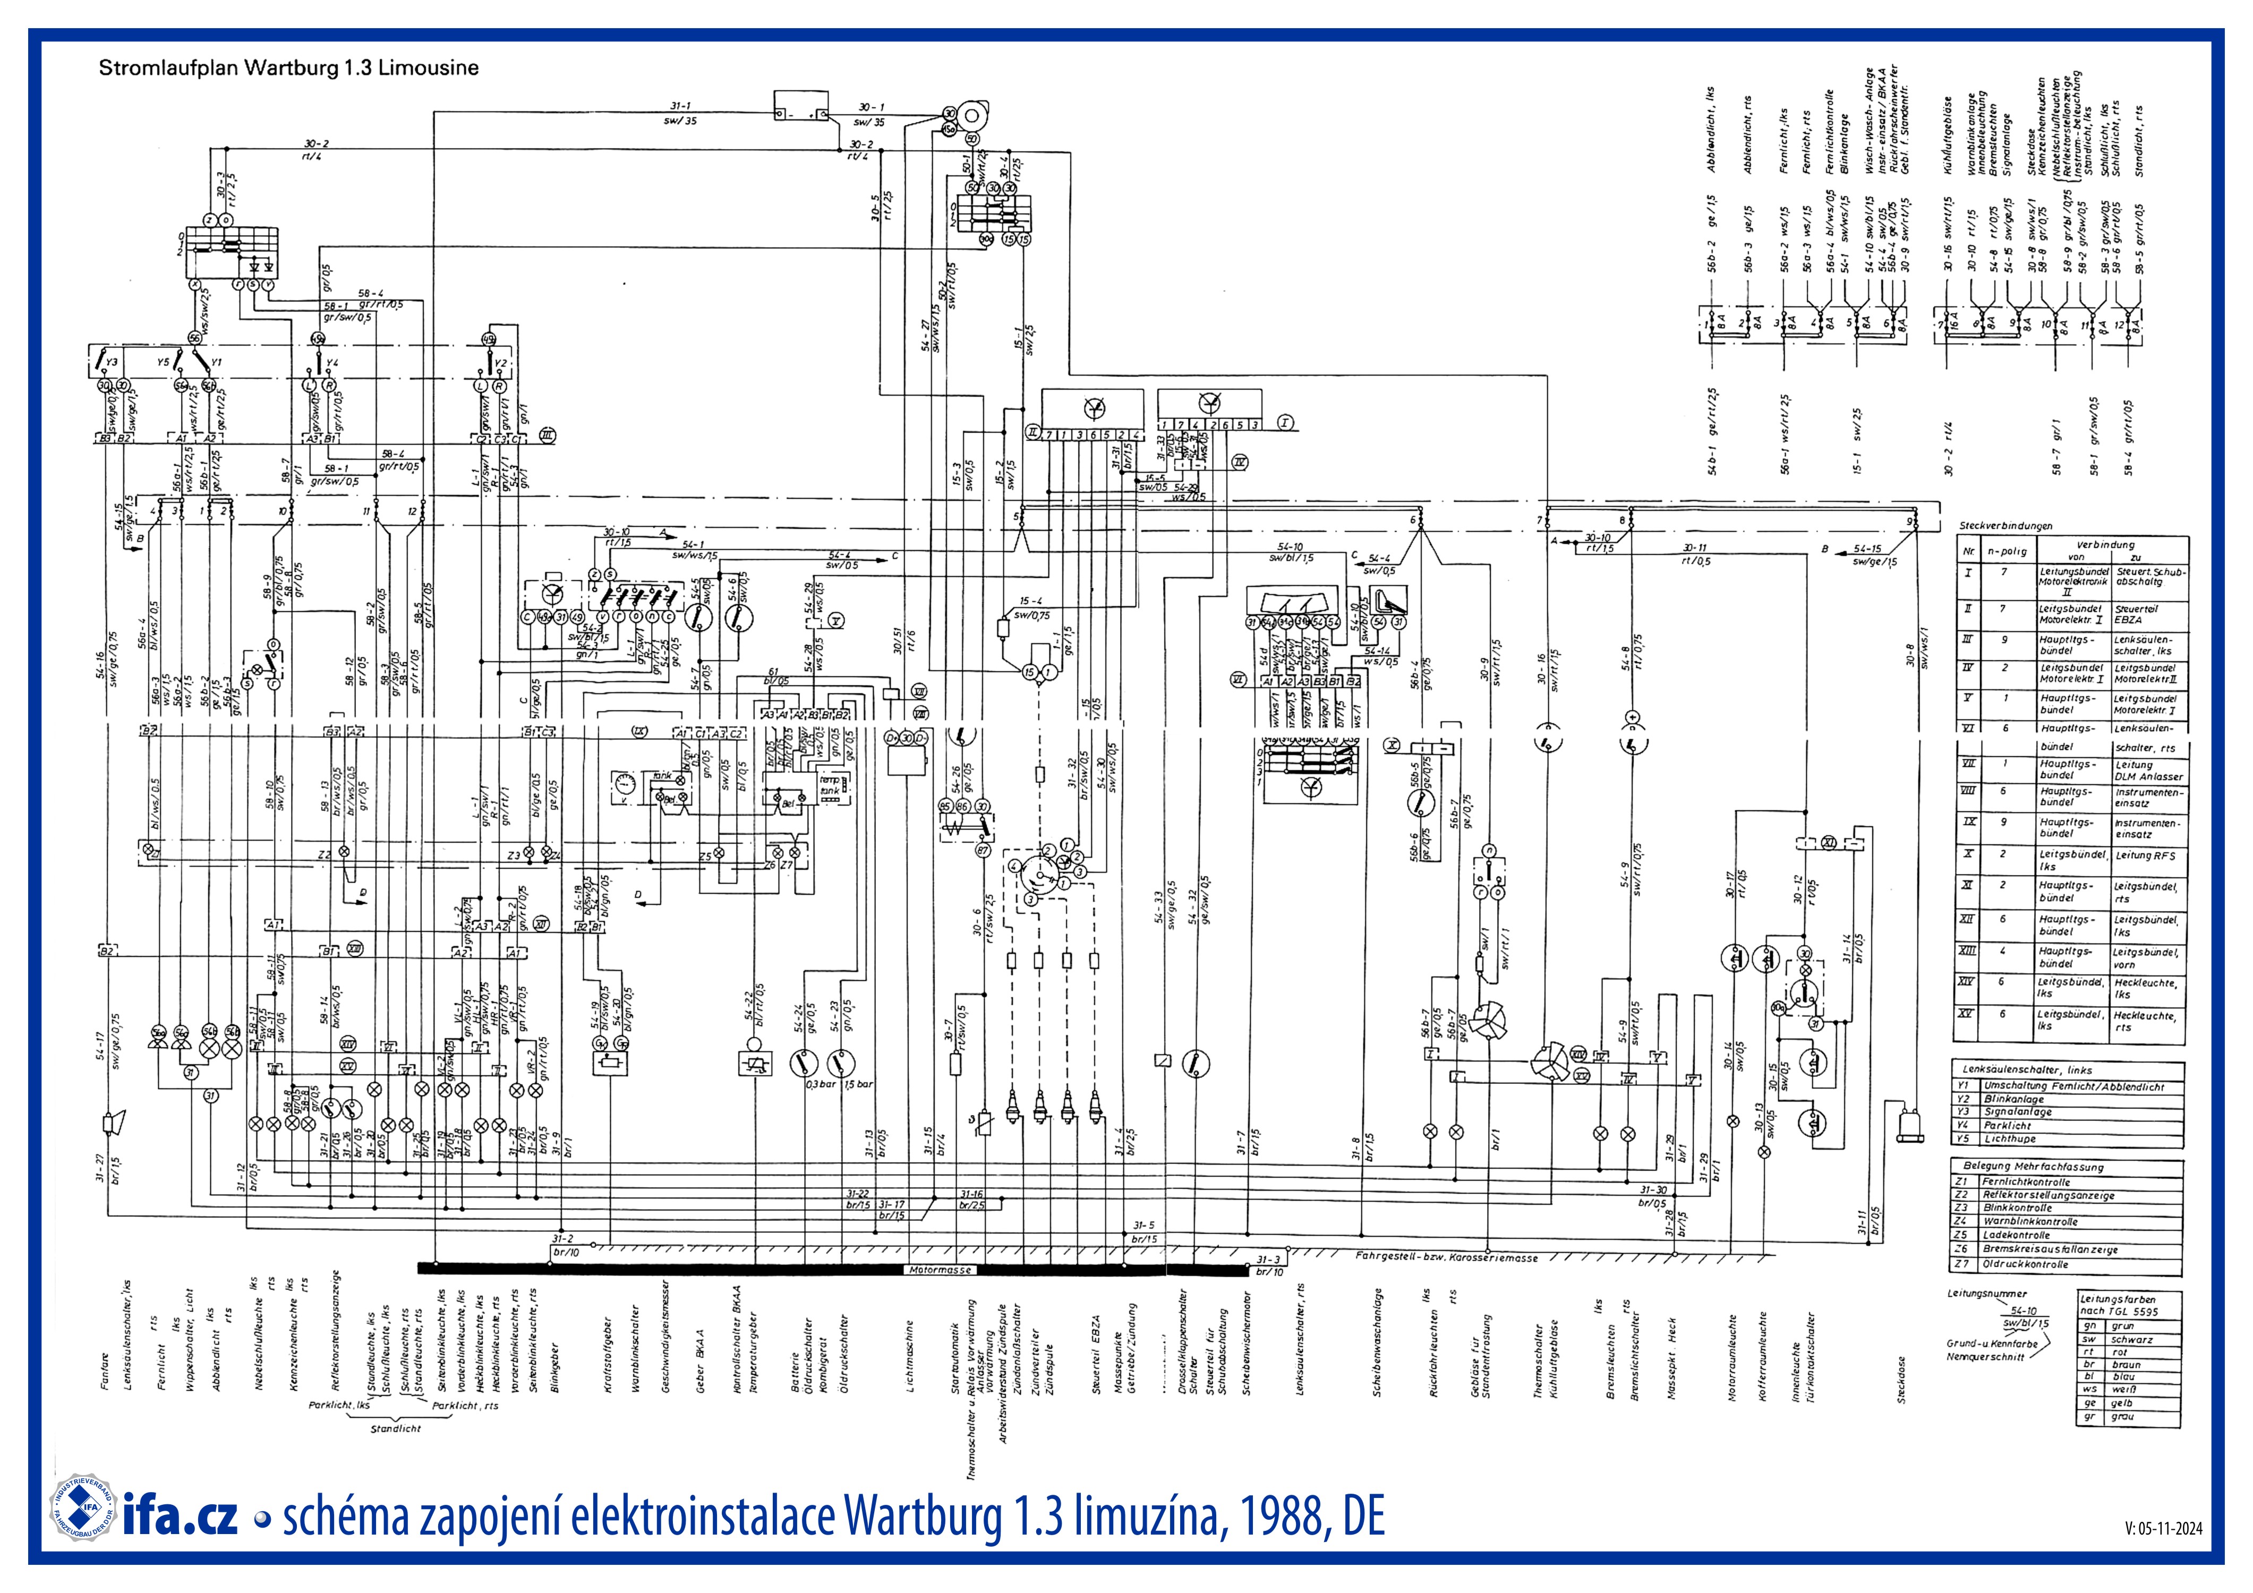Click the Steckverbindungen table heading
(x=2005, y=526)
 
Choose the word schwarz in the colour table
(x=2131, y=1339)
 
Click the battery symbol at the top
(x=800, y=106)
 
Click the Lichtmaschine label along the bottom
(x=910, y=1358)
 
